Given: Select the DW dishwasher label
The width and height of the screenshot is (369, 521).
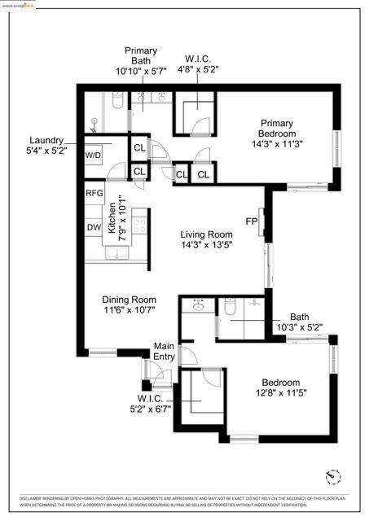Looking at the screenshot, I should tap(94, 227).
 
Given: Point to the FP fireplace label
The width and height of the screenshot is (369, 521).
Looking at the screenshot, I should tap(251, 221).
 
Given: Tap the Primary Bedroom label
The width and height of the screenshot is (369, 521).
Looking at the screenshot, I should tap(275, 129).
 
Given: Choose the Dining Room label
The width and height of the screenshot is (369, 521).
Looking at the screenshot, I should tap(129, 299).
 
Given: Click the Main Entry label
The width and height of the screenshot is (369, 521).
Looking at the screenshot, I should tap(165, 351).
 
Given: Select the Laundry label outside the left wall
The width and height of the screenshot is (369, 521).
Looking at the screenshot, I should tap(46, 139).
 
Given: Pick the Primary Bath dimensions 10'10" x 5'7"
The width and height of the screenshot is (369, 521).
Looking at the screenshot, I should tap(141, 71).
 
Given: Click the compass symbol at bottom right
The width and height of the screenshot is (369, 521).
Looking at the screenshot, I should tap(330, 476).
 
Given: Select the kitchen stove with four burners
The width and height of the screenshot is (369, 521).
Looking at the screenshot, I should tap(116, 221).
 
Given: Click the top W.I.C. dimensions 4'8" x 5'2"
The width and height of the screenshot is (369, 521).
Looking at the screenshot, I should tap(198, 70).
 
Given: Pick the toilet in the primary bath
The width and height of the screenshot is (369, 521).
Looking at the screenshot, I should tap(116, 103).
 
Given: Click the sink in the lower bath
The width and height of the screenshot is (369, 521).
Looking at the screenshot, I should tap(197, 307).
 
